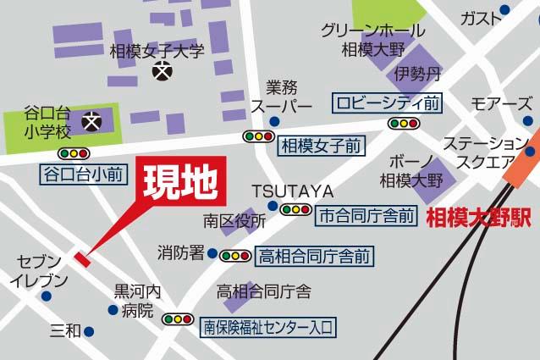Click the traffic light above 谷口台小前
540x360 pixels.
pyautogui.click(x=74, y=154)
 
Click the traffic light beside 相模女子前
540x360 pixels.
pyautogui.click(x=258, y=136)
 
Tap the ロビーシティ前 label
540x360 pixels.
pyautogui.click(x=388, y=103)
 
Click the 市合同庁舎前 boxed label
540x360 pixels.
pyautogui.click(x=366, y=217)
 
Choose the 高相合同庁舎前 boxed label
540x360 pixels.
pyautogui.click(x=315, y=255)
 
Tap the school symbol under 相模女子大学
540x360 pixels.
pyautogui.click(x=160, y=75)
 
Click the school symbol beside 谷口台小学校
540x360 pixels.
pyautogui.click(x=91, y=122)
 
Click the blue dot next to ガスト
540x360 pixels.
pyautogui.click(x=505, y=11)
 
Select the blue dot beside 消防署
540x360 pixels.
pyautogui.click(x=212, y=252)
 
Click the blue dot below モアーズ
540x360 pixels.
pyautogui.click(x=504, y=125)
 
